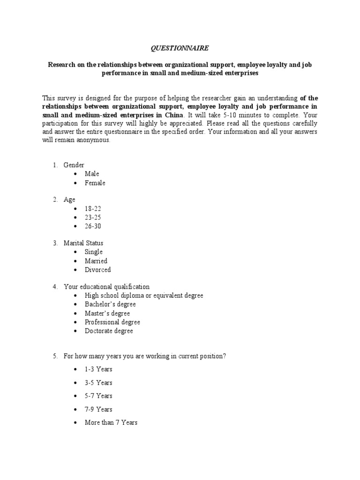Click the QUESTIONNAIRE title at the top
click(180, 48)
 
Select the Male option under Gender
click(92, 174)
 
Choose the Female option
click(95, 183)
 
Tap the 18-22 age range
click(92, 209)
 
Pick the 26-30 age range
click(92, 226)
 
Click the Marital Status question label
click(83, 243)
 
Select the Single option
click(93, 252)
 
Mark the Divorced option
click(97, 270)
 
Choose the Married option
click(96, 261)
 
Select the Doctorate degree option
click(109, 331)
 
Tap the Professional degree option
click(112, 322)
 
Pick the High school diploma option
click(144, 296)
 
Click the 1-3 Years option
click(98, 369)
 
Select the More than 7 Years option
click(111, 423)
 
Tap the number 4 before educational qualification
click(54, 287)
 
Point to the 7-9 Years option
click(98, 409)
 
